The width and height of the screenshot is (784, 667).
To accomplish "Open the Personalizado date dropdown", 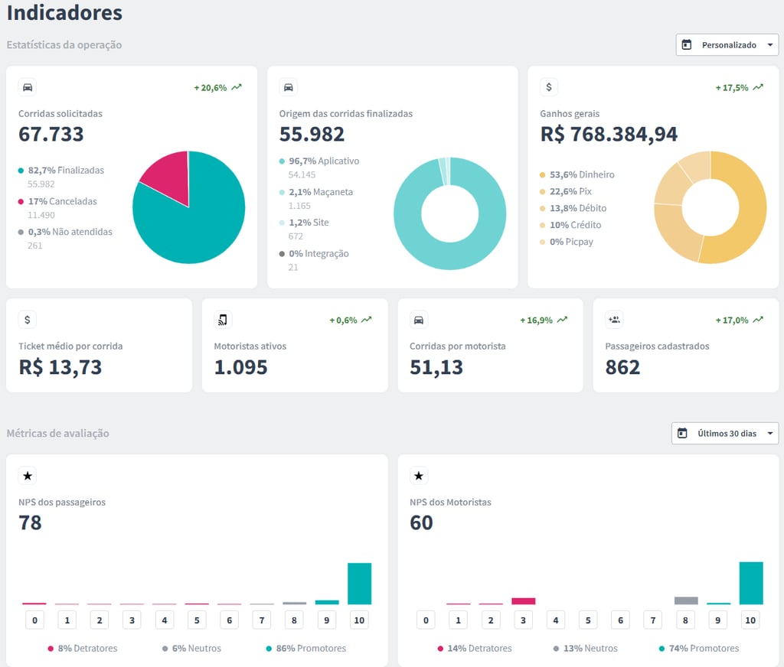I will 727,45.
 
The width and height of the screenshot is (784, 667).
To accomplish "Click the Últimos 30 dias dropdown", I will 725,434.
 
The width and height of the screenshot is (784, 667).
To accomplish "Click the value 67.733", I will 51,135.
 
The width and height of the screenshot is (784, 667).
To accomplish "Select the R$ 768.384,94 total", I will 609,135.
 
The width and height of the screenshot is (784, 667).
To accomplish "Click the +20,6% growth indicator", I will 217,88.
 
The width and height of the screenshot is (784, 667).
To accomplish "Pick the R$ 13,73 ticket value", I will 60,367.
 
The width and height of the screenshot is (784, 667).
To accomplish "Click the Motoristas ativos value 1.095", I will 240,367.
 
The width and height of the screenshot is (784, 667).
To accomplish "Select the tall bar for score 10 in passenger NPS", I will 359,584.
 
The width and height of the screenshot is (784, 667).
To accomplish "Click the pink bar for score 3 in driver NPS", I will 523,601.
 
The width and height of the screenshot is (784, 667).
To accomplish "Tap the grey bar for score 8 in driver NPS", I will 685,600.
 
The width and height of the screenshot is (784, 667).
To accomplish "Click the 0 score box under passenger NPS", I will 34,620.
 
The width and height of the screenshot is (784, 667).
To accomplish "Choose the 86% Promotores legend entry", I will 306,649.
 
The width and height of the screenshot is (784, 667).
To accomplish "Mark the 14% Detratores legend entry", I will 475,649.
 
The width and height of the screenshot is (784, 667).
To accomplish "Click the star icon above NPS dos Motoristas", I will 419,477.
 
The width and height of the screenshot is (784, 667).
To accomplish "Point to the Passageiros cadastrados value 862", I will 622,367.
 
